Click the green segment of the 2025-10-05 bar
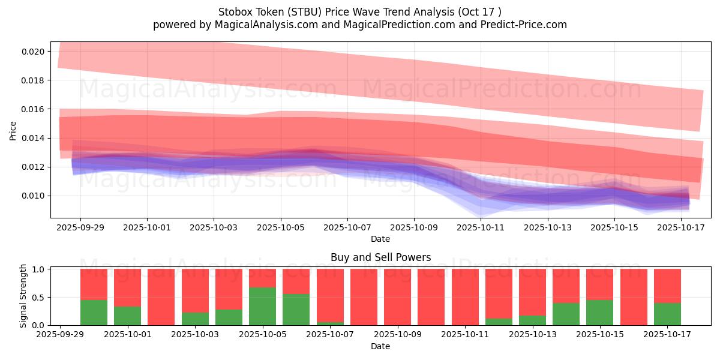(262, 307)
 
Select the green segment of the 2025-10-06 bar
(296, 310)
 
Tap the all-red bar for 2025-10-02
(161, 297)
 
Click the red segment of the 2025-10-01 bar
(127, 287)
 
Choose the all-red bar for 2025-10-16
(634, 297)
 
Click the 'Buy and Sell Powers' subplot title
(380, 257)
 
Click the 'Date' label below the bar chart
(380, 346)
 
